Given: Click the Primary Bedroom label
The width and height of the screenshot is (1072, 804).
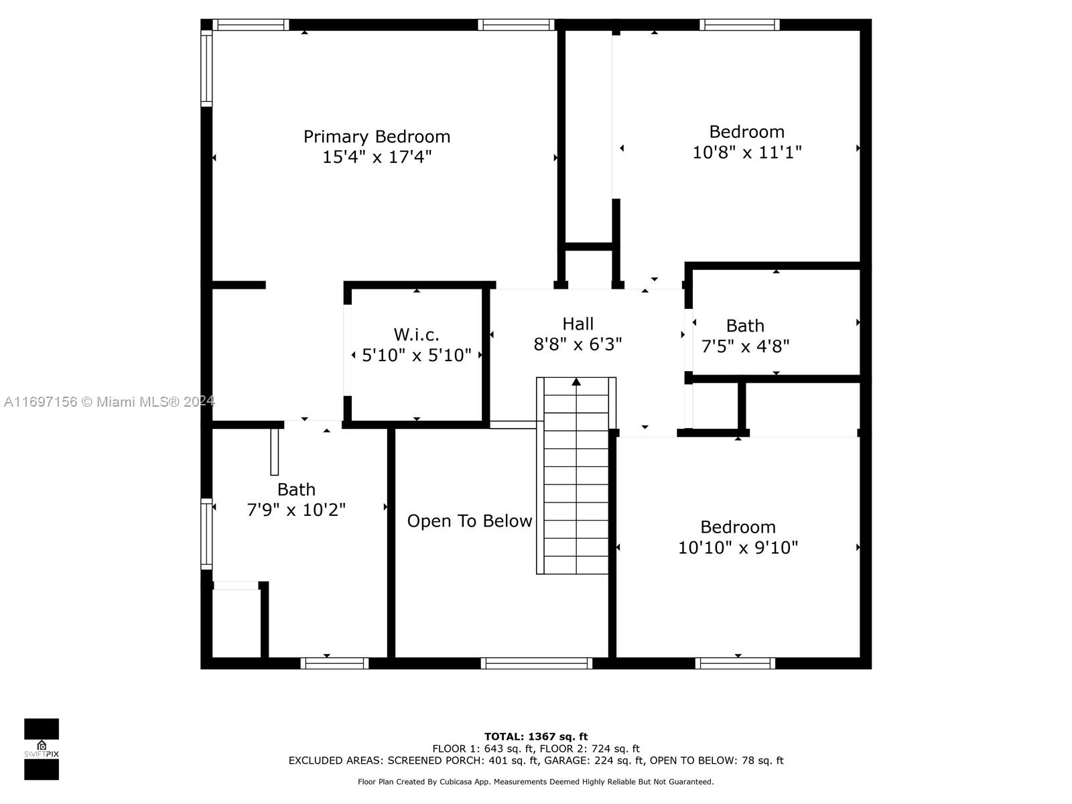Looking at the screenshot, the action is click(377, 137).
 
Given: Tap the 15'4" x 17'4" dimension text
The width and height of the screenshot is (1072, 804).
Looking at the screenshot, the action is click(377, 157).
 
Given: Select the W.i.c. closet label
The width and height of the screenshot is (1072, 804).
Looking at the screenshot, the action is click(416, 334).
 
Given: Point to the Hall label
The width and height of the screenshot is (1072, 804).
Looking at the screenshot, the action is click(578, 324).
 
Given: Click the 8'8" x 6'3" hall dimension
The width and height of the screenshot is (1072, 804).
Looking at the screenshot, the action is click(578, 344).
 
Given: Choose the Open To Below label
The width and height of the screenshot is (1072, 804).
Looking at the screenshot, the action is click(470, 521).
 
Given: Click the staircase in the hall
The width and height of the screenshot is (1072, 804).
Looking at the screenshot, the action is click(576, 476).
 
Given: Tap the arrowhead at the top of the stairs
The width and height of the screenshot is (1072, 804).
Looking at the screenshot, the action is click(576, 382).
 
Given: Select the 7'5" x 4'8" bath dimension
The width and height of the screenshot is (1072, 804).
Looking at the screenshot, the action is click(745, 346).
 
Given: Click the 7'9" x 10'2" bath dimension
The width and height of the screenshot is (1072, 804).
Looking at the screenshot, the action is click(296, 510).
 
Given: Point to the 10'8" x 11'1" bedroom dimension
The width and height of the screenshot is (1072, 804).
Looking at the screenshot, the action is click(747, 152).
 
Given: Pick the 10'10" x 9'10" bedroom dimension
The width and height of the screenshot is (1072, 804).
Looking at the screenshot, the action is click(738, 547).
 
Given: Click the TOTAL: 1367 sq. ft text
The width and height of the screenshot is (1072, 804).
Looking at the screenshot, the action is click(536, 736).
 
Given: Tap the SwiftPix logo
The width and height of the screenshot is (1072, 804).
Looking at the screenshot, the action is click(42, 749).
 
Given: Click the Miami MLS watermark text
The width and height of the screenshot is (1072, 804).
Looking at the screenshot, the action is click(109, 401).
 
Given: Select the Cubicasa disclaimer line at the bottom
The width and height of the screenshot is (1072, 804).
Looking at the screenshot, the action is click(536, 781).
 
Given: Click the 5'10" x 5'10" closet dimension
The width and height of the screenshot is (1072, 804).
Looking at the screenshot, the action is click(416, 355).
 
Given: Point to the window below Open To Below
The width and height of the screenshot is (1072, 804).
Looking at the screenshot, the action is click(536, 663).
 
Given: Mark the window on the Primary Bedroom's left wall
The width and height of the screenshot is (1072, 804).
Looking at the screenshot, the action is click(206, 68).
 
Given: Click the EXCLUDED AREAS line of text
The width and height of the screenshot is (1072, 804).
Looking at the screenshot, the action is click(536, 760).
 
